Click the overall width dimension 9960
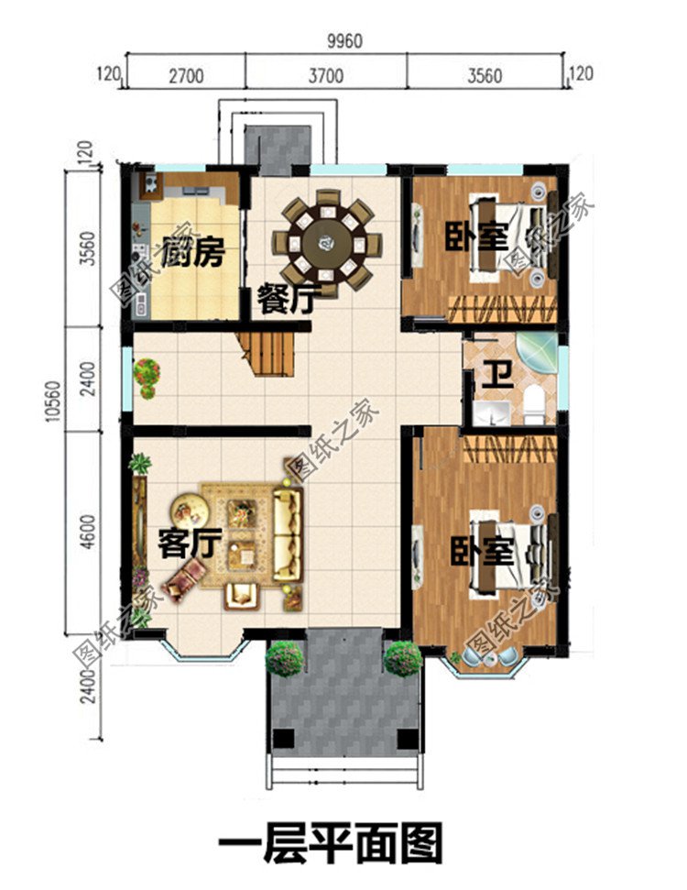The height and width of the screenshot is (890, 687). click(343, 41)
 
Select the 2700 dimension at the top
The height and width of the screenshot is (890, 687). click(185, 76)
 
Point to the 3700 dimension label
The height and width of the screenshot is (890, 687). click(325, 76)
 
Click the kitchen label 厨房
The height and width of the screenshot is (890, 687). click(192, 252)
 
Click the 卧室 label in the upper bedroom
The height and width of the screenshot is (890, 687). click(476, 236)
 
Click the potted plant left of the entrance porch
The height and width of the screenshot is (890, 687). click(285, 658)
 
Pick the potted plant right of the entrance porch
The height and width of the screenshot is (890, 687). click(402, 658)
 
